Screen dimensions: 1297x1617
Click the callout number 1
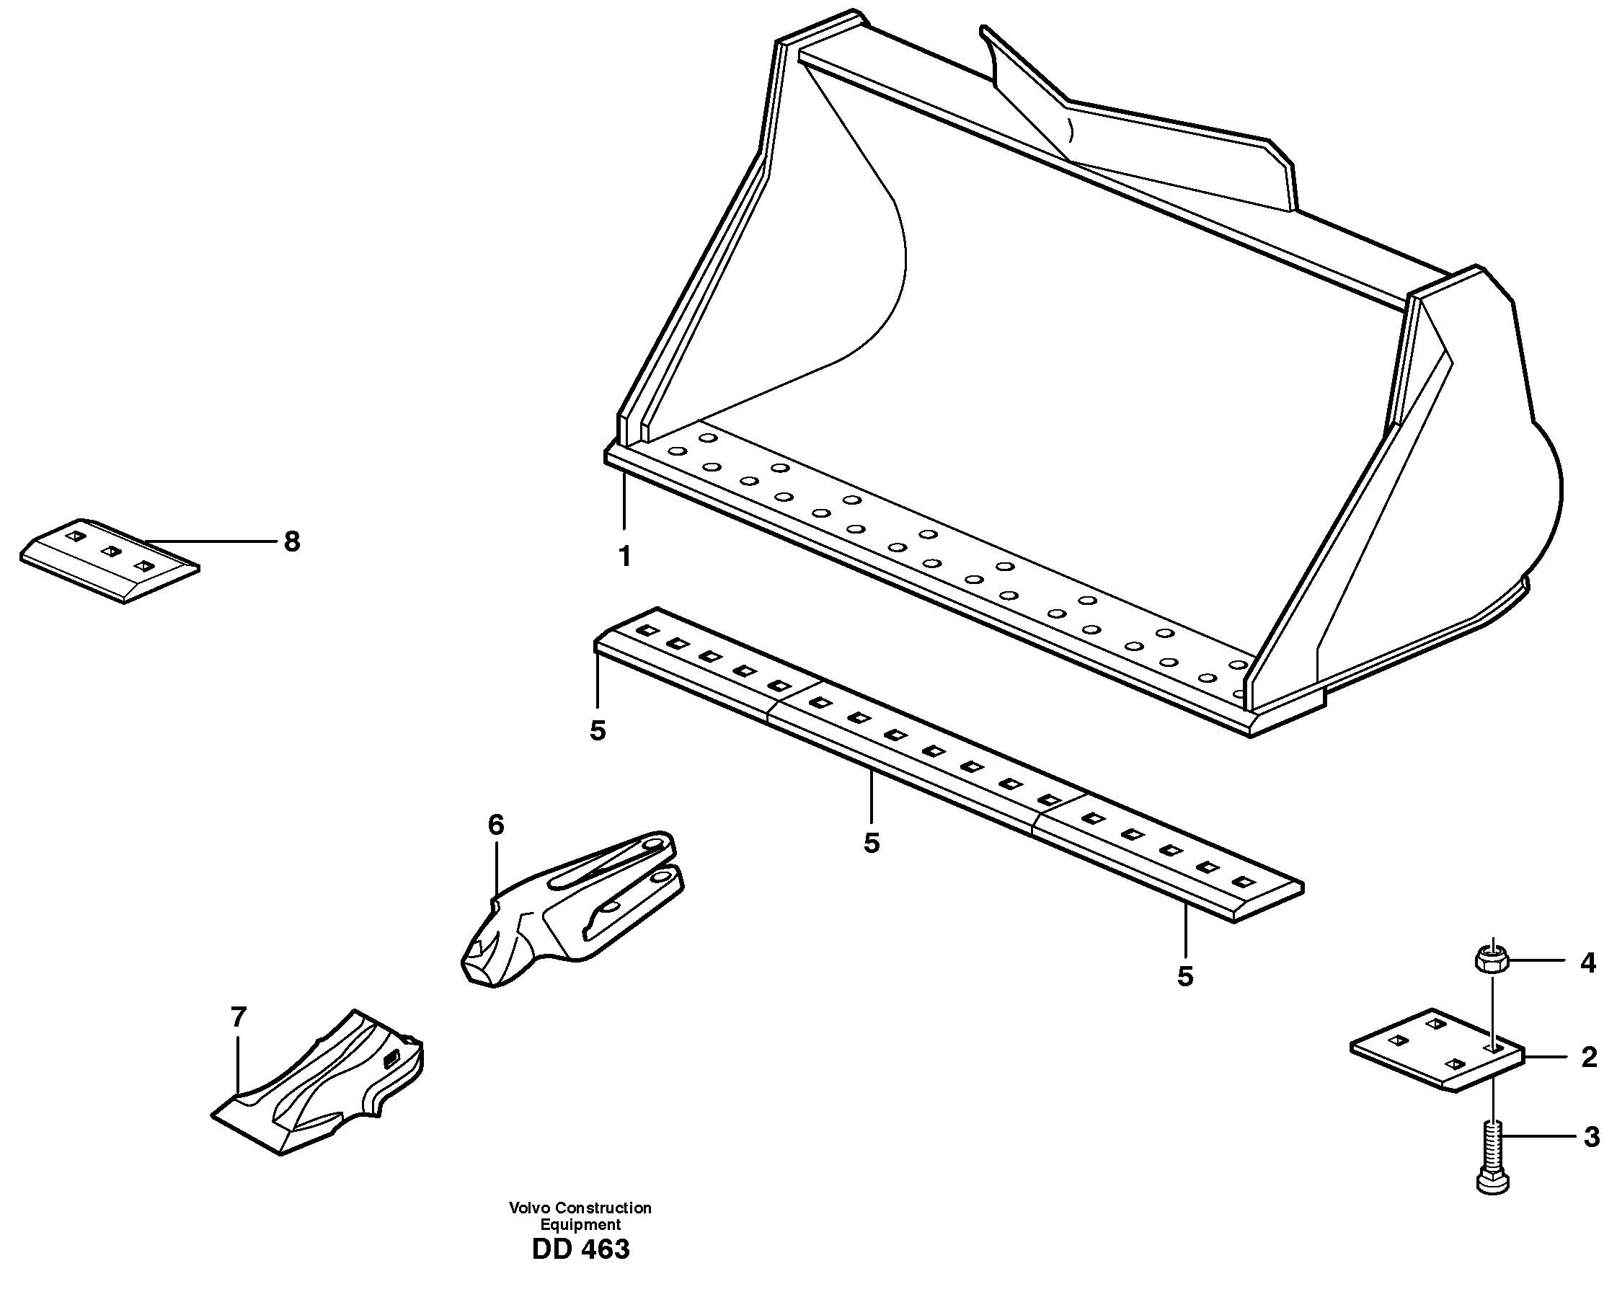coord(624,557)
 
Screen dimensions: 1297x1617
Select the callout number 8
coord(292,541)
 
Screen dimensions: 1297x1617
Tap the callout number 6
coord(496,825)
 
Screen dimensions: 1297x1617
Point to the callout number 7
coord(238,1017)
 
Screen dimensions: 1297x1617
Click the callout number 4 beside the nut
coord(1587,963)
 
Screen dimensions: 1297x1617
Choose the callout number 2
coord(1588,1058)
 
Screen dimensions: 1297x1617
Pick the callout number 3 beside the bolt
coord(1592,1137)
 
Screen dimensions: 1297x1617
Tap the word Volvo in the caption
coord(528,1208)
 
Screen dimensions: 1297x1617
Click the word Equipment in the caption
coord(580,1224)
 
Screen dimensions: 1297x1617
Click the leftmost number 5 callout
coord(597,730)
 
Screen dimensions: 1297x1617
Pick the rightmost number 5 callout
coord(1185,976)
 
